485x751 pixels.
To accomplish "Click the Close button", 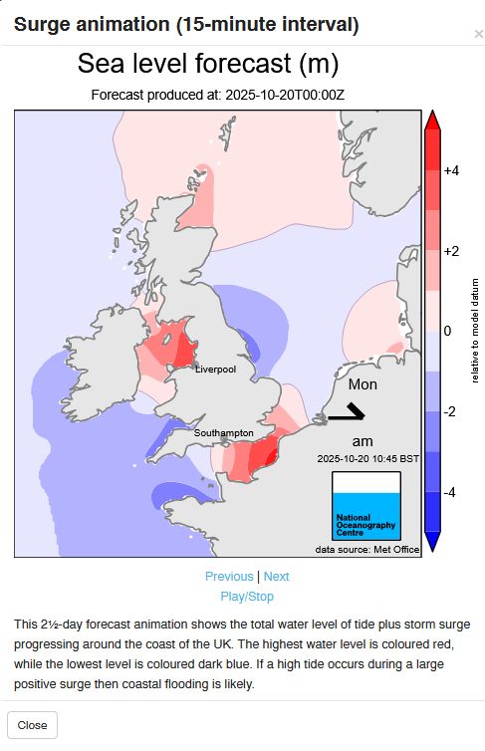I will [x=32, y=724].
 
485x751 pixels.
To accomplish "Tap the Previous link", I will [x=229, y=577].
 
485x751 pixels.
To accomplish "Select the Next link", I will [x=277, y=577].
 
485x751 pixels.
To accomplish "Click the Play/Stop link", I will [x=247, y=597].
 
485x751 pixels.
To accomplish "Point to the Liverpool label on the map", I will [x=215, y=370].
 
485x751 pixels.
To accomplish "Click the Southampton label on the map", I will [x=224, y=434].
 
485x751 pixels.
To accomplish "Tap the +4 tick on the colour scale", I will [x=451, y=171].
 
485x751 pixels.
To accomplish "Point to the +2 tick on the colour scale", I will [x=451, y=251].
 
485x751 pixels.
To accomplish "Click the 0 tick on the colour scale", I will [x=448, y=331].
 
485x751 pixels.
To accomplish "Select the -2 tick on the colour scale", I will [x=450, y=411].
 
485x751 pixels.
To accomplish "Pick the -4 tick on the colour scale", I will [x=450, y=492].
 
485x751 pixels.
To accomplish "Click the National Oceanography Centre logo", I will [x=364, y=505].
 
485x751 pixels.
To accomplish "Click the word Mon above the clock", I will [x=363, y=384].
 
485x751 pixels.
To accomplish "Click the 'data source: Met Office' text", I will [x=365, y=549].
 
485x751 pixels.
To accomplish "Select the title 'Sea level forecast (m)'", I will [x=208, y=66].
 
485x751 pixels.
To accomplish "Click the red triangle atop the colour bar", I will [x=433, y=121].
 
